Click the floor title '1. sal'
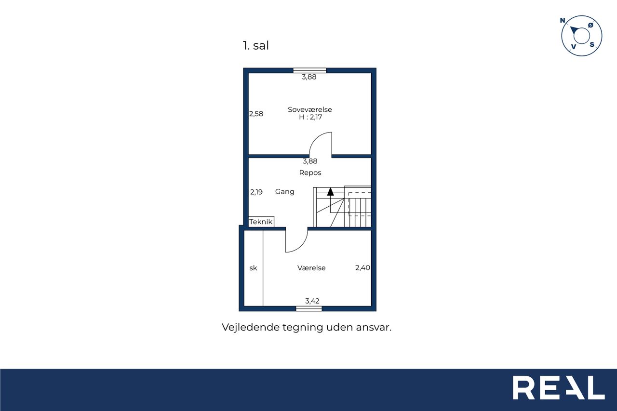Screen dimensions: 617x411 pyautogui.click(x=255, y=45)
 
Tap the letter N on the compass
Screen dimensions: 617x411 pyautogui.click(x=563, y=20)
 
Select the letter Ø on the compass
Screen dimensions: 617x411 pyautogui.click(x=590, y=26)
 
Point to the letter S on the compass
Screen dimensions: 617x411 pyautogui.click(x=592, y=45)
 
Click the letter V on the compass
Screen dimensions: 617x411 pyautogui.click(x=574, y=47)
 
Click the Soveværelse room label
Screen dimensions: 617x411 pyautogui.click(x=310, y=109)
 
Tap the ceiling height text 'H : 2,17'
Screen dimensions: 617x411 pyautogui.click(x=310, y=117)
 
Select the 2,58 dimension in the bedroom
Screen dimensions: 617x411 pyautogui.click(x=256, y=114)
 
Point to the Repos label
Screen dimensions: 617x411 pyautogui.click(x=310, y=173)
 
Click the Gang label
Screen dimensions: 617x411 pyautogui.click(x=285, y=192)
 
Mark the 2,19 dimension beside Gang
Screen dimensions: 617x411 pyautogui.click(x=256, y=192)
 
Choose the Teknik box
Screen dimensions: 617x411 pyautogui.click(x=261, y=222)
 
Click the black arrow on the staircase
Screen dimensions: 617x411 pyautogui.click(x=331, y=191)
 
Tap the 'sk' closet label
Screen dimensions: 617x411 pyautogui.click(x=253, y=268)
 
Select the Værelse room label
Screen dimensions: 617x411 pyautogui.click(x=311, y=268)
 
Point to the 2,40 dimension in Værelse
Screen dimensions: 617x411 pyautogui.click(x=362, y=267)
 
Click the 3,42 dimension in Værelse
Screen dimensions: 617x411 pyautogui.click(x=312, y=301)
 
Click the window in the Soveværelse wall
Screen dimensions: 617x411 pyautogui.click(x=309, y=70)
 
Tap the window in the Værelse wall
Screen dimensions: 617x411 pyautogui.click(x=309, y=308)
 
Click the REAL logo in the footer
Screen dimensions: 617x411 pyautogui.click(x=559, y=387)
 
